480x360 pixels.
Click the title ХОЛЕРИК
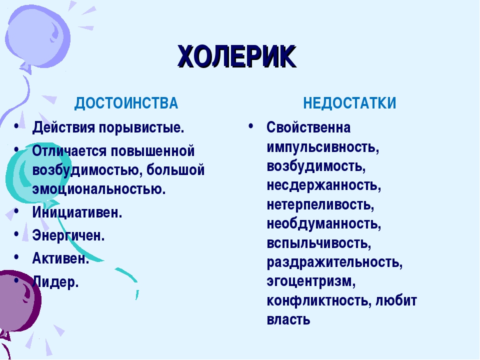tap(237, 56)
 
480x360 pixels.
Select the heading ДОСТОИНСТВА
tap(126, 103)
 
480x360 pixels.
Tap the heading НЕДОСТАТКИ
tap(349, 103)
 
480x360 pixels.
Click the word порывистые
tap(141, 127)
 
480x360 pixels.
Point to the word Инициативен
tap(77, 212)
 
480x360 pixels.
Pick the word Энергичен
tap(68, 235)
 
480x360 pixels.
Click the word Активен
tap(60, 258)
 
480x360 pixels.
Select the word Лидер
tap(55, 282)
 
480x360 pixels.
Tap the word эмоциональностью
tap(99, 189)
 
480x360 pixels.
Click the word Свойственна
tap(308, 127)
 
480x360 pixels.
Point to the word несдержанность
tap(324, 185)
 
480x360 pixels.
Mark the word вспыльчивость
tap(319, 243)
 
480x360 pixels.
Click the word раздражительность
tap(334, 262)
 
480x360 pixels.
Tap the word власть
tap(288, 319)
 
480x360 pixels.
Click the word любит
tap(396, 300)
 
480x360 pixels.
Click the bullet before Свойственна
tap(251, 126)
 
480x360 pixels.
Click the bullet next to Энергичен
tap(16, 234)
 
